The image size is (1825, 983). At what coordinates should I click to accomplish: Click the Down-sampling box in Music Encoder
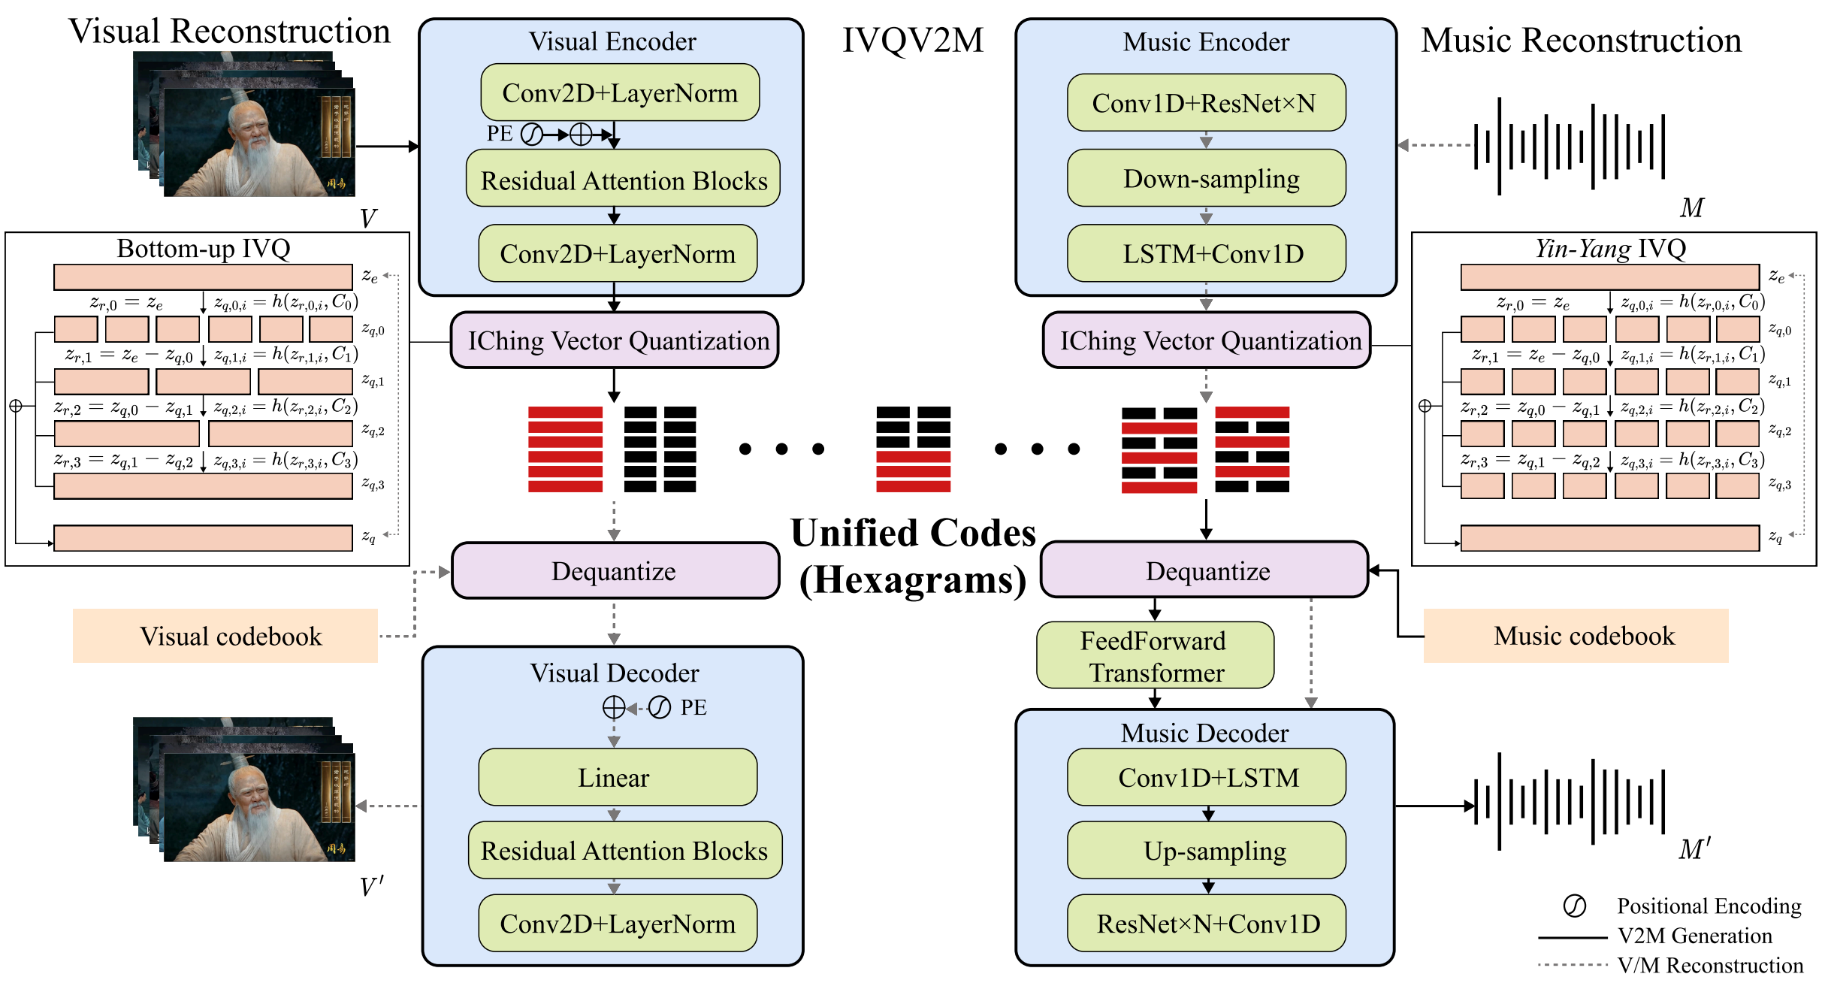pos(1206,178)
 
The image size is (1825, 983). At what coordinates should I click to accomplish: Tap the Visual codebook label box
pos(225,636)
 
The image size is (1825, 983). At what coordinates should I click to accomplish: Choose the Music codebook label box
pos(1576,636)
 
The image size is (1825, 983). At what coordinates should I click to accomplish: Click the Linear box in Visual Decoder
pos(618,777)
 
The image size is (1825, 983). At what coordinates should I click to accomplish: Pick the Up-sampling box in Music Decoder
pos(1206,850)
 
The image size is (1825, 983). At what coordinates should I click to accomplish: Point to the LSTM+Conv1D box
pos(1206,253)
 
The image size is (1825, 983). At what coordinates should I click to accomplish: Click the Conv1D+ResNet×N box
pos(1206,102)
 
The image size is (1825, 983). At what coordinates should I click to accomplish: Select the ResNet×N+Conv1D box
pos(1206,923)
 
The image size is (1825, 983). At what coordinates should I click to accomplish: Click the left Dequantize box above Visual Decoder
pos(615,570)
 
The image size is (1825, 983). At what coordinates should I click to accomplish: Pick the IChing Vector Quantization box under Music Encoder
pos(1207,340)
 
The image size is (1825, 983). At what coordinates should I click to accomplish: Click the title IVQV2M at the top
pos(913,40)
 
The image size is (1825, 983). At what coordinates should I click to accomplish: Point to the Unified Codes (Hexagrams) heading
pos(913,556)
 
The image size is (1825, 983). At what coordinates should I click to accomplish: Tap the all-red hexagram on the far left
pos(565,449)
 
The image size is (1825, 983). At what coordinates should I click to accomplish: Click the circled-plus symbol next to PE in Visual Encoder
pos(581,135)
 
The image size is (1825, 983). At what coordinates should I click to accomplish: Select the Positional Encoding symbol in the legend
pos(1574,906)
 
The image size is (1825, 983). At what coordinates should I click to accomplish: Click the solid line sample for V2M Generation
pos(1573,937)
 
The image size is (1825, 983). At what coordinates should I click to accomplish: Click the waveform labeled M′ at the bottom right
pos(1570,801)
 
